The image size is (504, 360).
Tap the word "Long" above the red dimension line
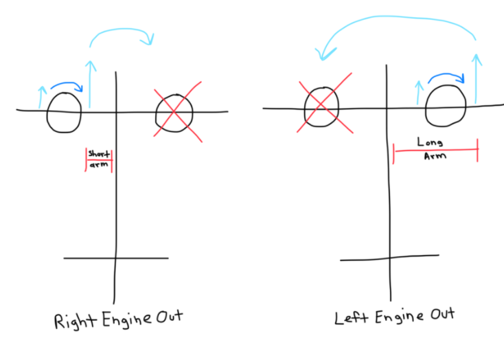click(430, 144)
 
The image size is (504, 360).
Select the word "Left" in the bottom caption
click(348, 318)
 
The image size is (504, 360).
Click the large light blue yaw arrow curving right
click(124, 34)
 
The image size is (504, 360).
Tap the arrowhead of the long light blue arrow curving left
click(320, 54)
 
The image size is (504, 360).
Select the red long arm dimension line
click(434, 150)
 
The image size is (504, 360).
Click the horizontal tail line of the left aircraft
click(115, 258)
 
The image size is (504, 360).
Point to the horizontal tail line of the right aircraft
click(389, 258)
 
